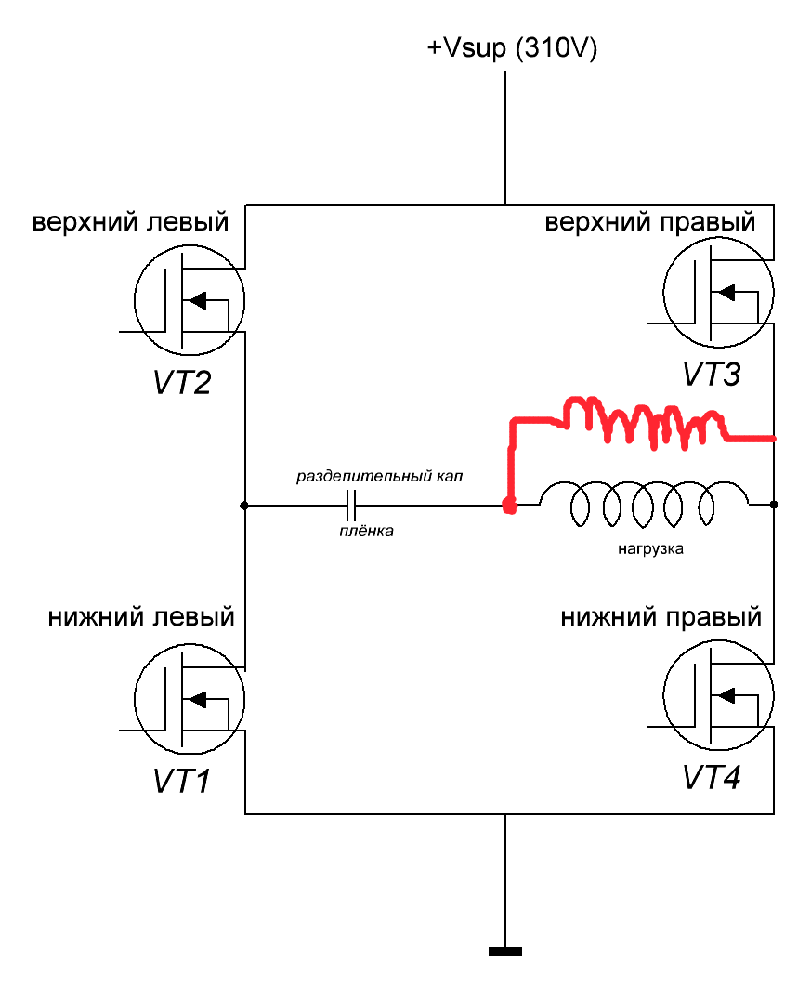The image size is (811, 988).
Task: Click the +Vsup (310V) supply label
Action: pyautogui.click(x=511, y=48)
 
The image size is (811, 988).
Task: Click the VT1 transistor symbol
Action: pyautogui.click(x=190, y=699)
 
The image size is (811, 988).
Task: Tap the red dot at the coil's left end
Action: pyautogui.click(x=508, y=506)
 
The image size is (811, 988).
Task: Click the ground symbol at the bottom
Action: pyautogui.click(x=505, y=951)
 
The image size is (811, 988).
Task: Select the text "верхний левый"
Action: pyautogui.click(x=131, y=223)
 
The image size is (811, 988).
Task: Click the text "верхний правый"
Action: pyautogui.click(x=649, y=223)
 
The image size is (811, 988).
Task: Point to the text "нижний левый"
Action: pyautogui.click(x=141, y=616)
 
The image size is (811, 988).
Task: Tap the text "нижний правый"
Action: pyautogui.click(x=661, y=616)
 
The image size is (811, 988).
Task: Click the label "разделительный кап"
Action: pyautogui.click(x=379, y=476)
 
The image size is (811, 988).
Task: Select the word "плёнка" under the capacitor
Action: pyautogui.click(x=365, y=532)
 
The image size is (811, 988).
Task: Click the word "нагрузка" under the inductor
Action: pyautogui.click(x=650, y=549)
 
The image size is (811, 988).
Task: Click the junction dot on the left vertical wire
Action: pyautogui.click(x=244, y=506)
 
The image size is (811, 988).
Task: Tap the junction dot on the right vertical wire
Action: pyautogui.click(x=775, y=505)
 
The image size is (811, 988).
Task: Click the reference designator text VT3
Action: pyautogui.click(x=712, y=375)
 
